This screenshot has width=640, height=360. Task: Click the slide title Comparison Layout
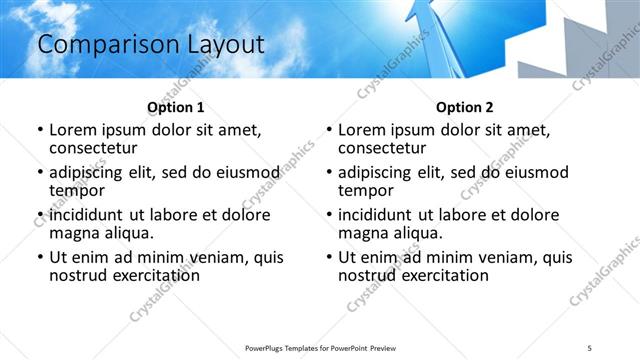[x=151, y=44]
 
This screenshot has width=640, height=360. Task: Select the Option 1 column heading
[x=175, y=107]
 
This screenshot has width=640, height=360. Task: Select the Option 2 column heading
[x=464, y=107]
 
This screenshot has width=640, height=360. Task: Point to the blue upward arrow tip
[x=425, y=8]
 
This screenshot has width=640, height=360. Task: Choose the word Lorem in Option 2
[x=362, y=130]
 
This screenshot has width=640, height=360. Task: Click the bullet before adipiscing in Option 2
[x=328, y=173]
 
